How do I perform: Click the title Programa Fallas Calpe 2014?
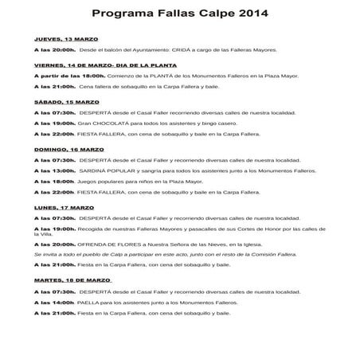click(180, 14)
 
